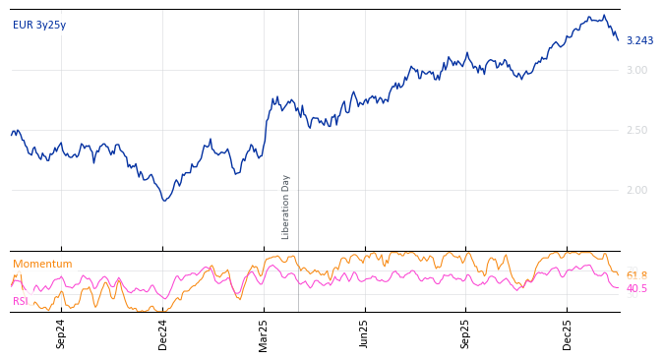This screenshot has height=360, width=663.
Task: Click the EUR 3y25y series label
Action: coord(39,26)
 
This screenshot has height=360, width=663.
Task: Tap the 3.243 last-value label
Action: coord(639,41)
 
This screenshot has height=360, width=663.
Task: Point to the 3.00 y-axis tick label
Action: coord(636,70)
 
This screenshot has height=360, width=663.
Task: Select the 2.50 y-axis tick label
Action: coord(636,130)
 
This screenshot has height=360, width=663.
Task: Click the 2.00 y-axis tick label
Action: coord(636,190)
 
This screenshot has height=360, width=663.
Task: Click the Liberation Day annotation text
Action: coord(286,207)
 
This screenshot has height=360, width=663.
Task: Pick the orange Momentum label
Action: coord(42,265)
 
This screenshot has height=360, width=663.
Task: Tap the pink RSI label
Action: coord(21,301)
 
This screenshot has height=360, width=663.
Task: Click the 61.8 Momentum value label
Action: coord(636,276)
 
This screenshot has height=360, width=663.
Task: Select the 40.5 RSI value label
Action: coord(636,289)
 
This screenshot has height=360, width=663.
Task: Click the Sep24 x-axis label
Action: coord(61,333)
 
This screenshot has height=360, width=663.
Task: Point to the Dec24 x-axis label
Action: coord(163,333)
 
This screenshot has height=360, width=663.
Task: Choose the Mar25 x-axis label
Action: coord(264,333)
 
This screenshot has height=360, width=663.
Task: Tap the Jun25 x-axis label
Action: coord(365,333)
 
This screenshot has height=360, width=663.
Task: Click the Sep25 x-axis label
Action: coord(466,333)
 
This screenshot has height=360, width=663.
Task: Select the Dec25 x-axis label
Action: coord(568,333)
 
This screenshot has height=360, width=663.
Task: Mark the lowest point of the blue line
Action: coord(165,201)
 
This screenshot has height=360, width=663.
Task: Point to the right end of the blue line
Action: coord(618,40)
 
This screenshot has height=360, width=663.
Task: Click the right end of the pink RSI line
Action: coord(618,287)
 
